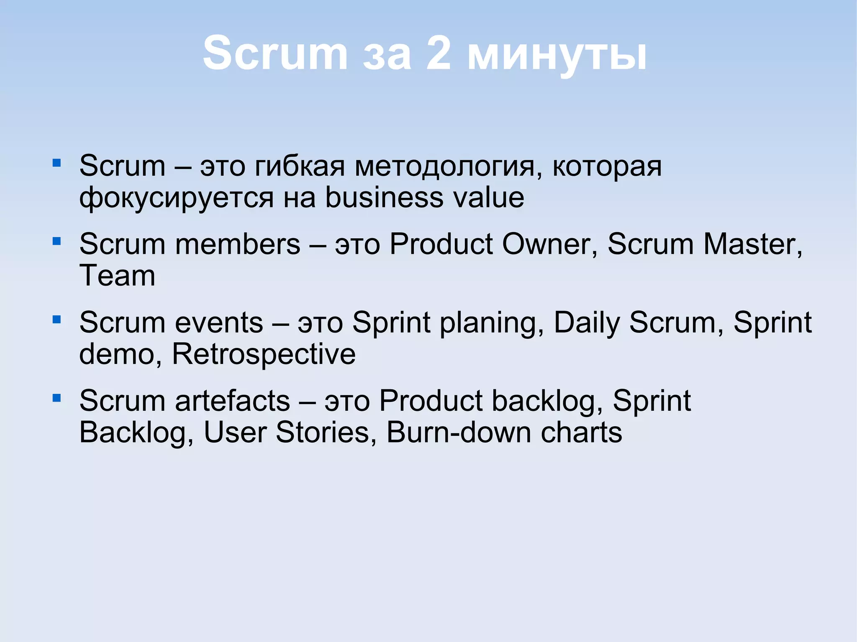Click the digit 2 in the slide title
(x=439, y=54)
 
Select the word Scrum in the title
(x=275, y=54)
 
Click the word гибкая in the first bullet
(x=300, y=166)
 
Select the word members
(x=237, y=244)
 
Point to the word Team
(x=117, y=276)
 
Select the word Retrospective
(x=264, y=355)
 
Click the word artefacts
(x=232, y=401)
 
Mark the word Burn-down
(x=459, y=432)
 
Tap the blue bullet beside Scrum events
(x=57, y=320)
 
